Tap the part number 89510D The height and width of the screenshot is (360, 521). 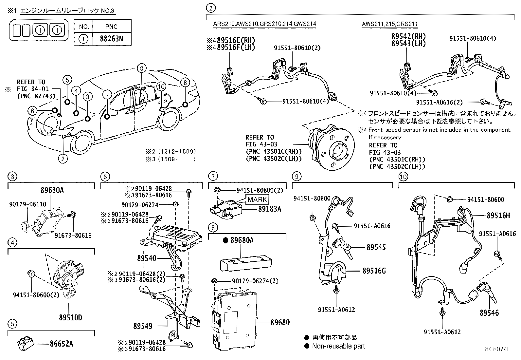[70, 317]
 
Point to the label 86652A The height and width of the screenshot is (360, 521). [62, 344]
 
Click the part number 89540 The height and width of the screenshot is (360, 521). [147, 258]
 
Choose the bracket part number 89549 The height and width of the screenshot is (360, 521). [143, 326]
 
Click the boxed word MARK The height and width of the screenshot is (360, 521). [257, 199]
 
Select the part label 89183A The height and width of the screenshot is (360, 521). [270, 209]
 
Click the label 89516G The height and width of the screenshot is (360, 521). [374, 271]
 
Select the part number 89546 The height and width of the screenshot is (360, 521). [489, 313]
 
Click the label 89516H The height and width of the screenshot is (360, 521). [498, 215]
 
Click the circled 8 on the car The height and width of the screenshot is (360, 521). [185, 83]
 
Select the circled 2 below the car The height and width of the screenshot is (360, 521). [63, 159]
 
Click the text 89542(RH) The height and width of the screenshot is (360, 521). [409, 36]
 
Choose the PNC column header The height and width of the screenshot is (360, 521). [111, 27]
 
